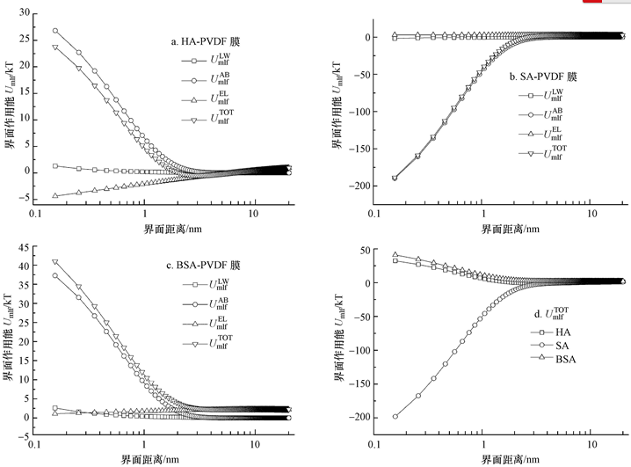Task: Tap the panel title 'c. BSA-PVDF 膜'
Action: point(203,265)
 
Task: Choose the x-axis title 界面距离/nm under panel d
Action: point(504,457)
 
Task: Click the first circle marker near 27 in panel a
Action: point(55,31)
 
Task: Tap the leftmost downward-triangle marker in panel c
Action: point(55,262)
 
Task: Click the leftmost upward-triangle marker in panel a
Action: point(55,195)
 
